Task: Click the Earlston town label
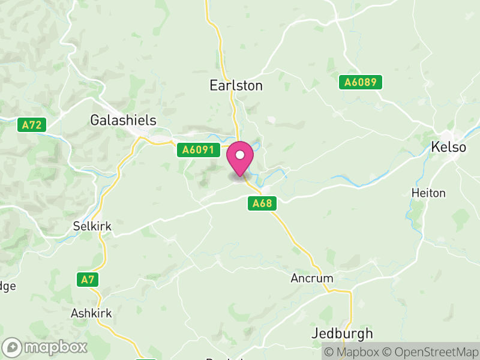[236, 86]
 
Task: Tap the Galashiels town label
[123, 121]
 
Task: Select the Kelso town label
[449, 147]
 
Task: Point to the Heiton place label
[428, 193]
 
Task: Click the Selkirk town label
[92, 227]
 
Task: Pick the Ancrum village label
[311, 278]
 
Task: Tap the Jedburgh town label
[343, 334]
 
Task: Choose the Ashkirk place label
[91, 313]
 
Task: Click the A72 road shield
[32, 125]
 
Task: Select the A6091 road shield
[196, 150]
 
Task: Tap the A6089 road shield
[360, 83]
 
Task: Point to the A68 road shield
[262, 204]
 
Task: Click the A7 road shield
[88, 279]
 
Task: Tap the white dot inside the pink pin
[240, 155]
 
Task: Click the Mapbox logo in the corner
[46, 347]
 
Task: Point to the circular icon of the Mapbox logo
[13, 347]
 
